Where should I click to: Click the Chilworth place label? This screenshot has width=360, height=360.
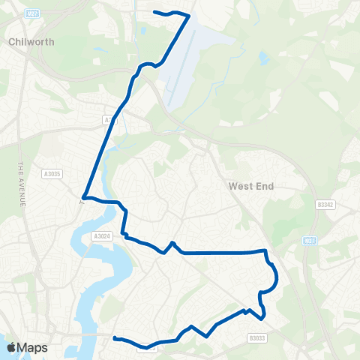coord(30,43)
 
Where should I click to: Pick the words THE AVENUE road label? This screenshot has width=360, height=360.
coord(22,187)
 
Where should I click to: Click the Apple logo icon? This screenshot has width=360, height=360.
coord(11,347)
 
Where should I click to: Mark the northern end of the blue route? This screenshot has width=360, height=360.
coord(154,12)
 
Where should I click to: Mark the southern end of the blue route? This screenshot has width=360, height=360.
coord(115,339)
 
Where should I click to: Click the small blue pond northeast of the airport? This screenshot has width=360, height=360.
coord(263,57)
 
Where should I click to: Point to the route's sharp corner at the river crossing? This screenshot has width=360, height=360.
coord(83,199)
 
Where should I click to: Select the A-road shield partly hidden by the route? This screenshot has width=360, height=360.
coord(109,119)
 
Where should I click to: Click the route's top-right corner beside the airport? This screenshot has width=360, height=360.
coord(188,16)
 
